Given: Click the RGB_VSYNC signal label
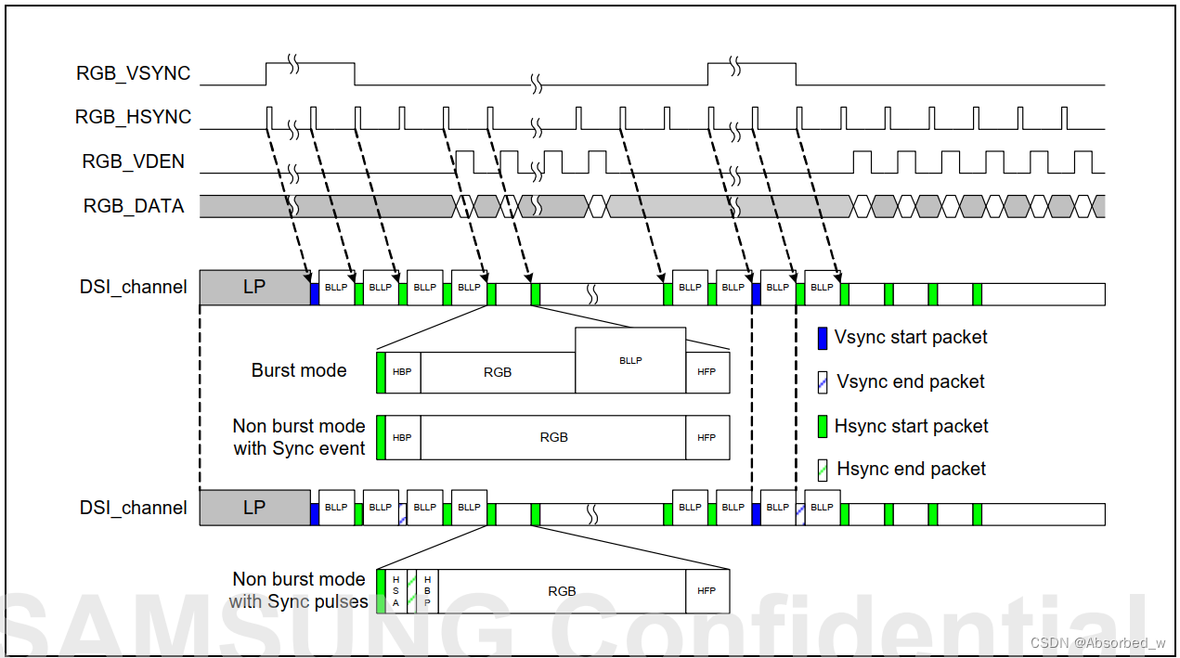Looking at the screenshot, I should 134,73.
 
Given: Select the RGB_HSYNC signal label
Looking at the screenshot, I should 134,117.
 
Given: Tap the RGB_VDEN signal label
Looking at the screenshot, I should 134,161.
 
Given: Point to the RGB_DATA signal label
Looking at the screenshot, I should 134,206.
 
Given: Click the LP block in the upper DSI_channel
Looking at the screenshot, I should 254,287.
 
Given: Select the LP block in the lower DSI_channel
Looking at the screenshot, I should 254,508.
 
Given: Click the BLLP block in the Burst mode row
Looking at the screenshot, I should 630,360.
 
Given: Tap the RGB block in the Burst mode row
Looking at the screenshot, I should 498,372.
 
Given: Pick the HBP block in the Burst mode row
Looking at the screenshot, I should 402,372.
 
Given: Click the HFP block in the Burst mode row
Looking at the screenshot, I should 707,372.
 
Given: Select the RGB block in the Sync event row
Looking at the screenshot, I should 553,437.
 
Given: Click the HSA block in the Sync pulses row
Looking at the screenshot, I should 395,591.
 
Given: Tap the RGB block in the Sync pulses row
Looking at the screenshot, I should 562,591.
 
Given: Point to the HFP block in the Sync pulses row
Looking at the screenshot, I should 707,591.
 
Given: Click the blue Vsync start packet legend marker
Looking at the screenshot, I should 822,338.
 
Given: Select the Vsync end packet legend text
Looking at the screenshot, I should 911,381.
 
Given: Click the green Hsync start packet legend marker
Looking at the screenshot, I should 822,427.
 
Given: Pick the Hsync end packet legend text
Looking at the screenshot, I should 911,469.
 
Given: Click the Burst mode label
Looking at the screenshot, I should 299,370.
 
